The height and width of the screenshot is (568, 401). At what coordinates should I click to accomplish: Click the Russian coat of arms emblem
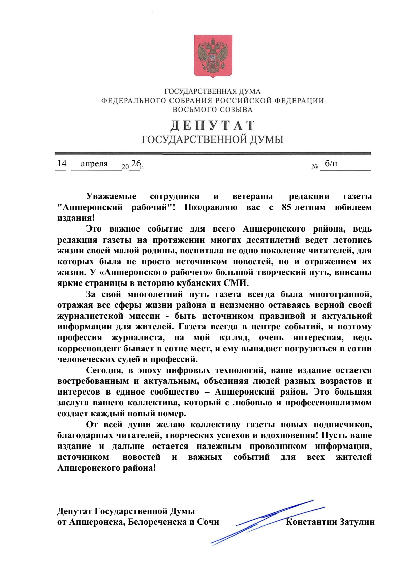[x=213, y=56]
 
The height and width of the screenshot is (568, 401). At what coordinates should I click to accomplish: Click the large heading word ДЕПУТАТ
[x=213, y=126]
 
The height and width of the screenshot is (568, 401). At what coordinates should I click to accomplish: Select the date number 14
[x=62, y=164]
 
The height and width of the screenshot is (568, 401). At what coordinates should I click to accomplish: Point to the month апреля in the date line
[x=94, y=164]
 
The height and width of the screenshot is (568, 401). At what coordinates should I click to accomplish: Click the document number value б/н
[x=331, y=164]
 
